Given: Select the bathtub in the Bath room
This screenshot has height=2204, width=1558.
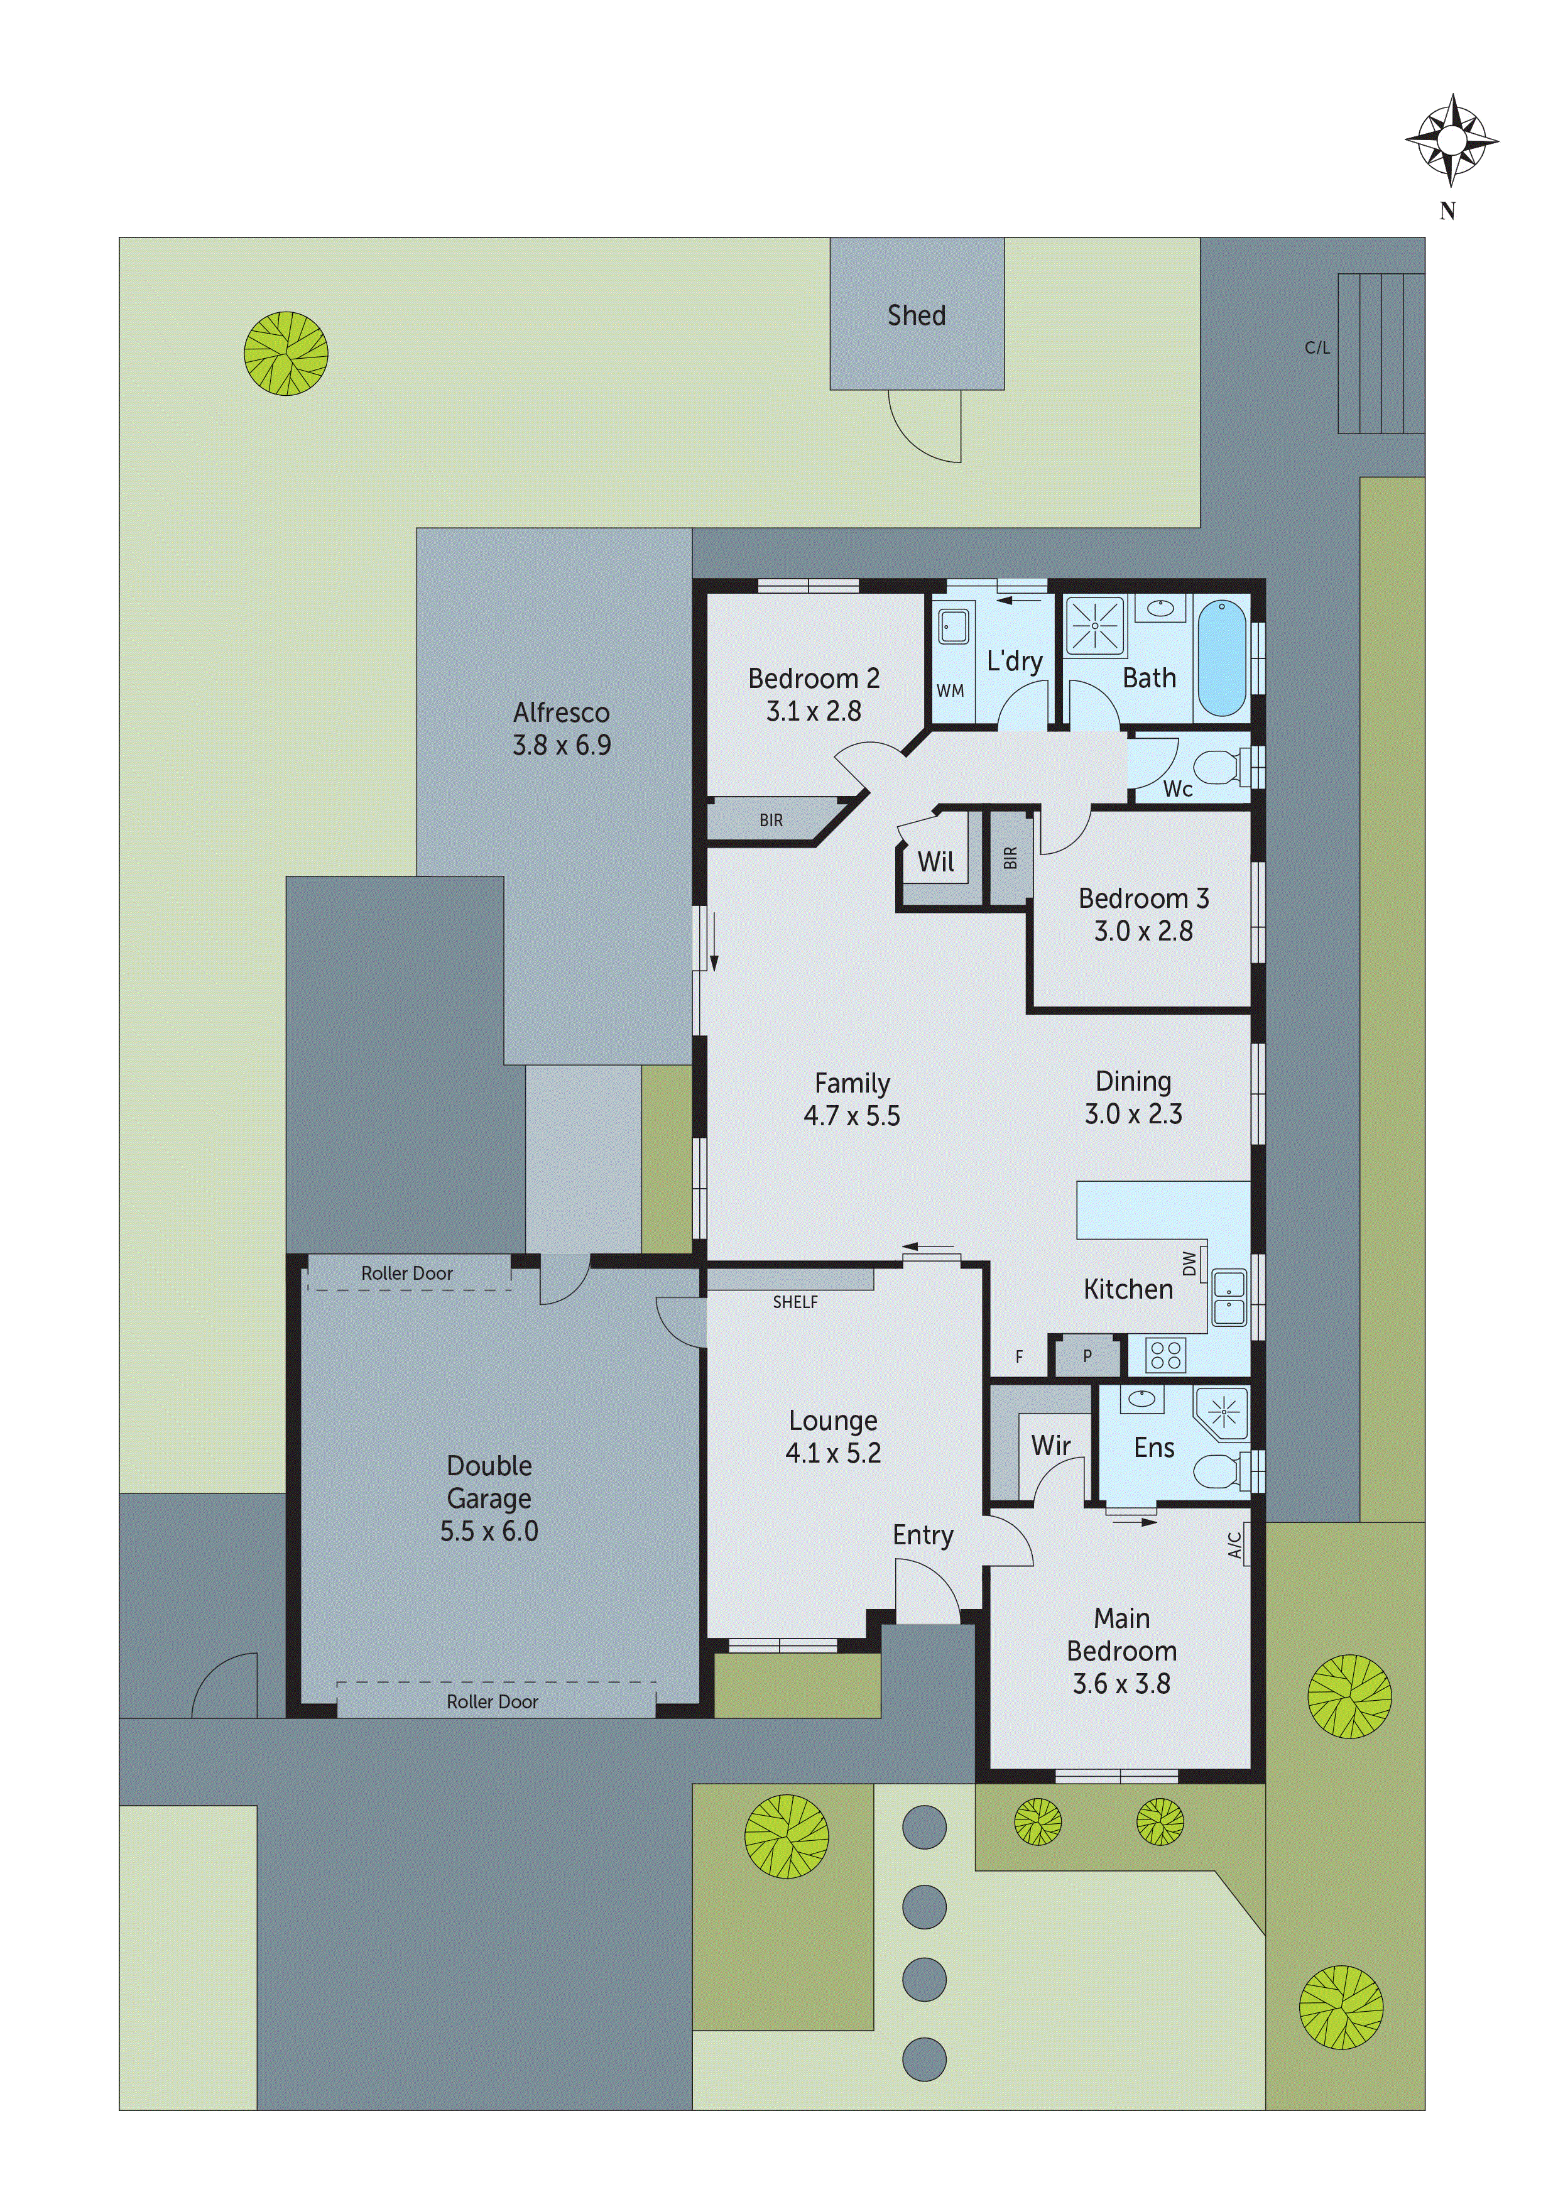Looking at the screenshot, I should tap(1222, 658).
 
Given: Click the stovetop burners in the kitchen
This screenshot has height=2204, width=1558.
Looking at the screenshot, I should tap(1165, 1355).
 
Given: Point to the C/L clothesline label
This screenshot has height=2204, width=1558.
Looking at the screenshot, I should tap(1316, 347).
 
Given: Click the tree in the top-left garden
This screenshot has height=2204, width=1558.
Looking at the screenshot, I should tap(286, 353).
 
